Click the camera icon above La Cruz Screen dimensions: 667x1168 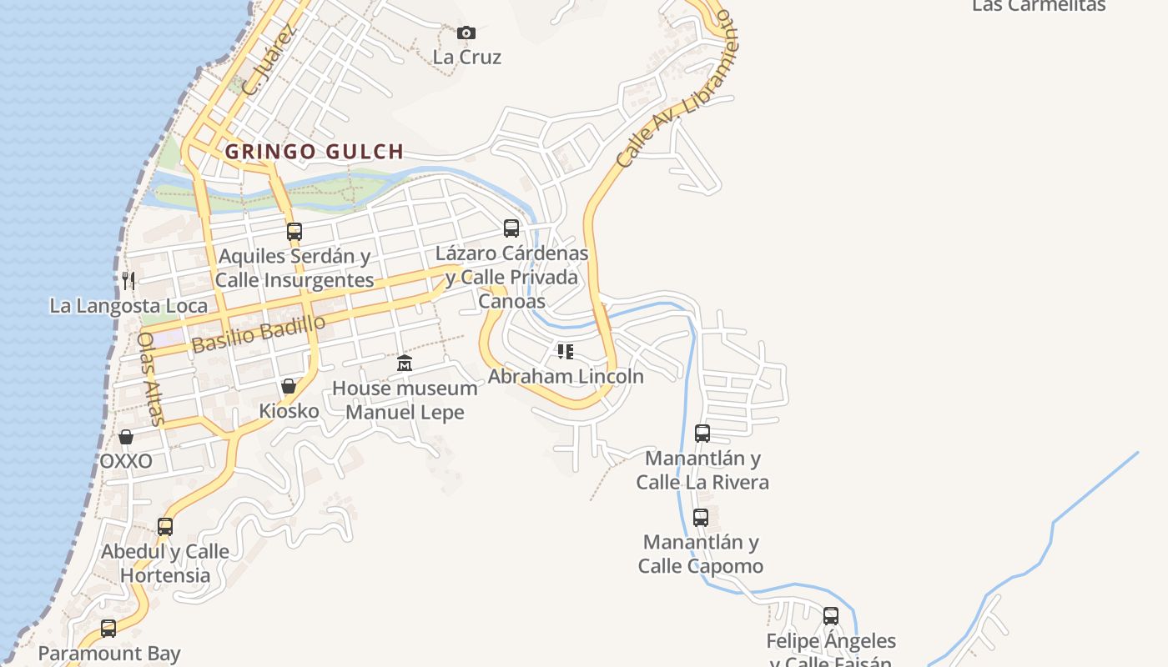tap(466, 33)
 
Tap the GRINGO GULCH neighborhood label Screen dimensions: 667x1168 tap(315, 152)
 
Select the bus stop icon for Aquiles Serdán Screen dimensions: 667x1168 tap(294, 231)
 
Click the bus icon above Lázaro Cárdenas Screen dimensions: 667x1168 tap(511, 228)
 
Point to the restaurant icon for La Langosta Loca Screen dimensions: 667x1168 tap(128, 280)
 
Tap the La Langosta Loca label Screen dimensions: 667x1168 tap(128, 306)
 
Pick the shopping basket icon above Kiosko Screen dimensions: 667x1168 tap(289, 386)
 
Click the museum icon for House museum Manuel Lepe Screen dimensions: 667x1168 tap(405, 363)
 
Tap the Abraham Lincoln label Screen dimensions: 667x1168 tap(566, 376)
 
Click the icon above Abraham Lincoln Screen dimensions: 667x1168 tap(566, 352)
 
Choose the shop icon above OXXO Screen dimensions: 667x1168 tap(126, 437)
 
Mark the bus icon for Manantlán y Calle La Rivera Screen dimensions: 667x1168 tap(702, 434)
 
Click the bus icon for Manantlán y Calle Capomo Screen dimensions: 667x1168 tap(701, 518)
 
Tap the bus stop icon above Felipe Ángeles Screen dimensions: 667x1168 tap(831, 616)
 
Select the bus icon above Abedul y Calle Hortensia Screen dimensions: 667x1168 tap(165, 527)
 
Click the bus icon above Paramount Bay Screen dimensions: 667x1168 tap(108, 629)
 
